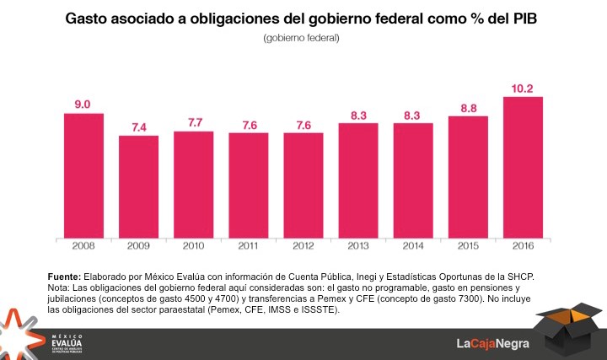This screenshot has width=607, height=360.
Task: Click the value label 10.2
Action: (x=523, y=87)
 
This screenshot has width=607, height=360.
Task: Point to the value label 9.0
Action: (x=83, y=104)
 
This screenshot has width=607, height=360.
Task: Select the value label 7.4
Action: (x=138, y=126)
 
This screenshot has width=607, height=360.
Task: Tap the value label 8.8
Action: (x=468, y=107)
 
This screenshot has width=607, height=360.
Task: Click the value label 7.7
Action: (x=193, y=122)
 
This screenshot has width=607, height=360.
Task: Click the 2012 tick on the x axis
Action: (x=303, y=246)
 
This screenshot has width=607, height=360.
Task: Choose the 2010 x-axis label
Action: (x=193, y=246)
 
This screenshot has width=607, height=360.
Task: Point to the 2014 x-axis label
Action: (x=413, y=246)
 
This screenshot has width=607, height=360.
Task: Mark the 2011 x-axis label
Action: (x=248, y=246)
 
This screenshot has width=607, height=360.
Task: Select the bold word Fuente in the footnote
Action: (x=64, y=277)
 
